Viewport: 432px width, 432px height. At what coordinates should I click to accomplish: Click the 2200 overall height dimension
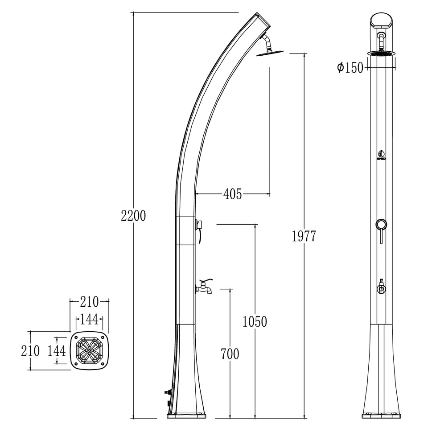tap(133, 216)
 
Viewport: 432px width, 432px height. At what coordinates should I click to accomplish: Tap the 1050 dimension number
tap(255, 321)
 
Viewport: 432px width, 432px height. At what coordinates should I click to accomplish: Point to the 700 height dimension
tap(230, 354)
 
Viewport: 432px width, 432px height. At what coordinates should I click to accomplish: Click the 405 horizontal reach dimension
tap(232, 194)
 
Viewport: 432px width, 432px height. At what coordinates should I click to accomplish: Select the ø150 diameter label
tap(350, 68)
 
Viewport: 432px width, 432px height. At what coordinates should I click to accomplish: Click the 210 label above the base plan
tap(89, 302)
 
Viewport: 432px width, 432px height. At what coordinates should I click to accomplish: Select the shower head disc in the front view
tap(382, 53)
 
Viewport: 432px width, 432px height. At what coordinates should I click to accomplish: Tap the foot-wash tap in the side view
tap(205, 286)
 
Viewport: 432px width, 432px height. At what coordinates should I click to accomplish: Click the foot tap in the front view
tap(382, 286)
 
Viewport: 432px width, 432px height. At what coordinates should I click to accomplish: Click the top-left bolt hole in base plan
tap(77, 338)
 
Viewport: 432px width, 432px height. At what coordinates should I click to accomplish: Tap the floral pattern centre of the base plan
tap(89, 351)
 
